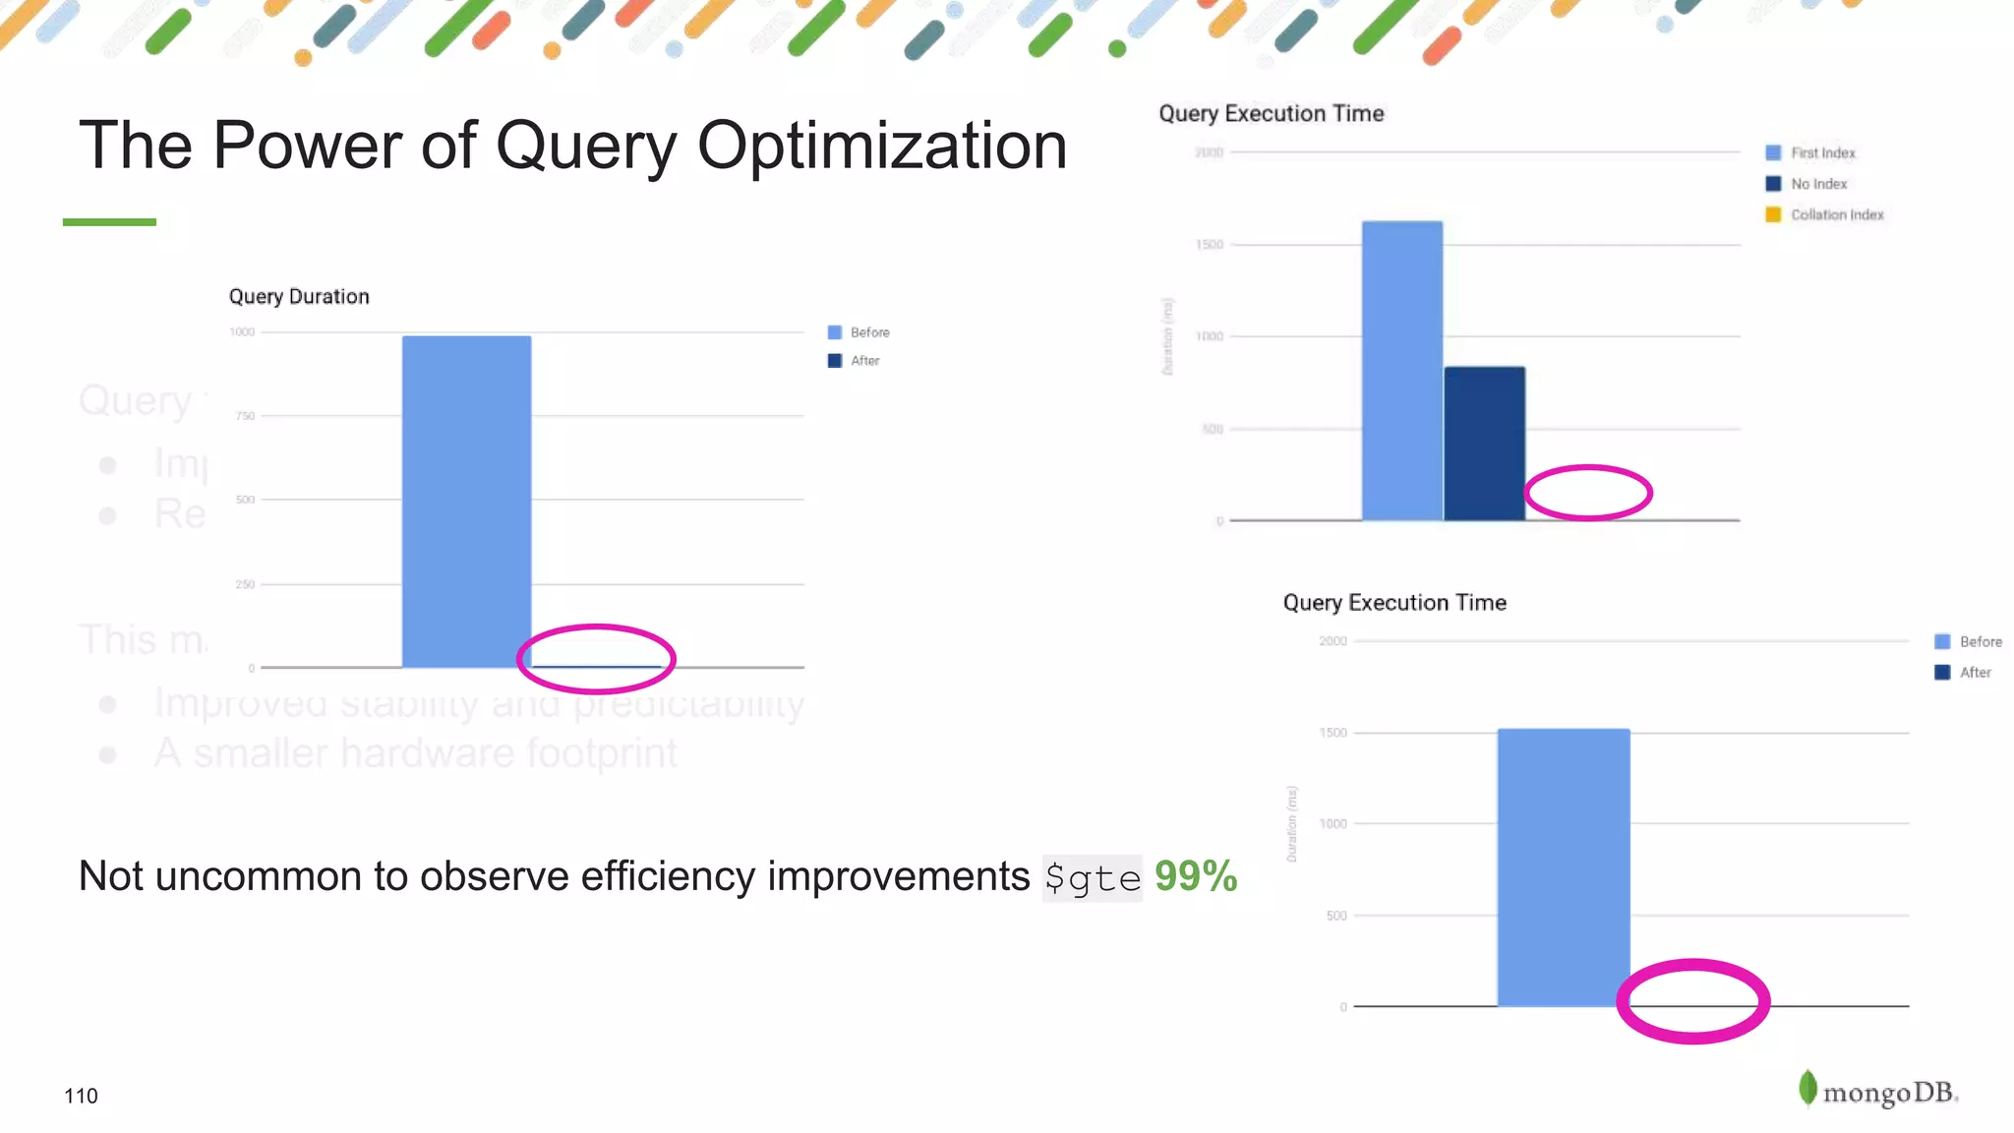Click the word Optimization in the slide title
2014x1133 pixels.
point(881,147)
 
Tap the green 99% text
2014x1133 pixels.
point(1195,875)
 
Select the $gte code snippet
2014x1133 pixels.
point(1092,877)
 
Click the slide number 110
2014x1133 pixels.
point(81,1096)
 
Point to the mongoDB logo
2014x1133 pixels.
point(1877,1091)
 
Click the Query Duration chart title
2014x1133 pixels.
point(299,297)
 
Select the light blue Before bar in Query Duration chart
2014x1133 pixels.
point(466,502)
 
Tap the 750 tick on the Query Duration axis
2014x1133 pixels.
point(245,416)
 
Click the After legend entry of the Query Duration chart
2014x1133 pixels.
point(855,361)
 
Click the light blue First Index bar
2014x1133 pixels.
point(1401,371)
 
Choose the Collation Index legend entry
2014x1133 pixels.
point(1825,214)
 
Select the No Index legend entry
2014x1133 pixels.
point(1807,184)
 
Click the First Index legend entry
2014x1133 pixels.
point(1811,152)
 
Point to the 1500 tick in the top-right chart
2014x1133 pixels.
point(1210,244)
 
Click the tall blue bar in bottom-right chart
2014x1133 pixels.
point(1563,867)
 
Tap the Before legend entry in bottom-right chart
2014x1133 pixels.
point(1969,641)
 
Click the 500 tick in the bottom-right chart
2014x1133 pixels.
point(1335,916)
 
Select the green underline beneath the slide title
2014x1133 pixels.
point(109,222)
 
